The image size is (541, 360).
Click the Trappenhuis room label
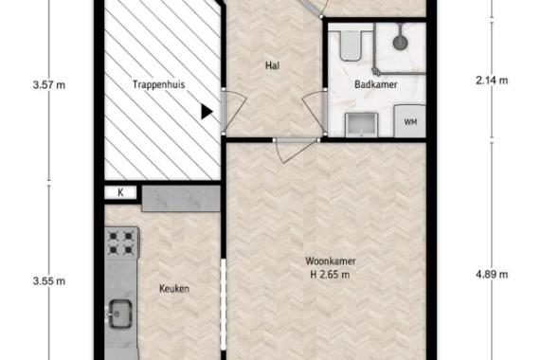pyautogui.click(x=156, y=83)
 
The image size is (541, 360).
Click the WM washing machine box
pyautogui.click(x=410, y=122)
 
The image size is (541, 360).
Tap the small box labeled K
pyautogui.click(x=121, y=193)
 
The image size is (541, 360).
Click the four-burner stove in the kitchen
pyautogui.click(x=121, y=244)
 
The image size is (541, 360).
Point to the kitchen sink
pyautogui.click(x=121, y=313)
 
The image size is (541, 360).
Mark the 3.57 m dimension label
pyautogui.click(x=48, y=83)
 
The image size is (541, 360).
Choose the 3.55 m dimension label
pyautogui.click(x=48, y=280)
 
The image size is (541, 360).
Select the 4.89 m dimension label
pyautogui.click(x=492, y=275)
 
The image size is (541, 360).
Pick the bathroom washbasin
pyautogui.click(x=360, y=123)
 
